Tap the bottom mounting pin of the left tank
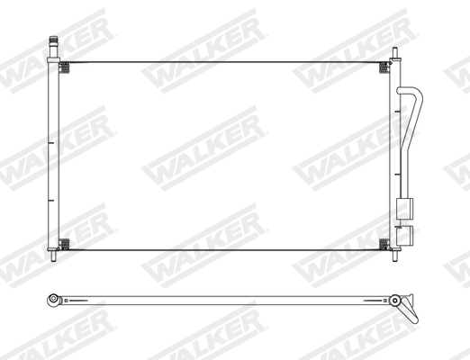54,258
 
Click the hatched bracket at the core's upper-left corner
64,67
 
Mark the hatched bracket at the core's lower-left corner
64,243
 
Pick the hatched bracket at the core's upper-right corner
384,67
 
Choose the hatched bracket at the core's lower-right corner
384,243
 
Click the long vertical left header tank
54,153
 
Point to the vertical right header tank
393,153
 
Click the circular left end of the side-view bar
54,298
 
